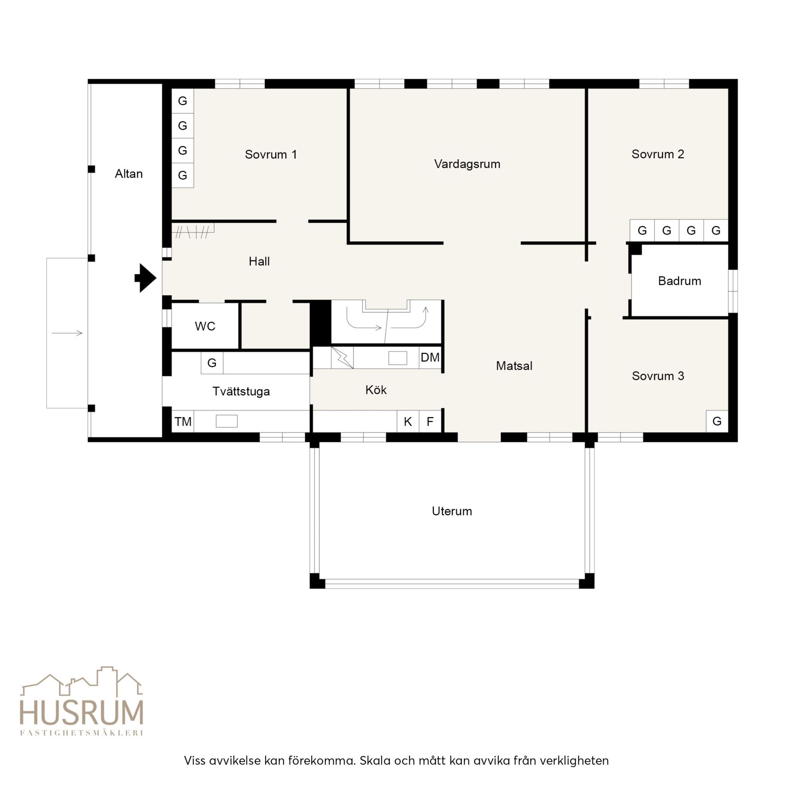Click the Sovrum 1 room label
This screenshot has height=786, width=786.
pos(271,154)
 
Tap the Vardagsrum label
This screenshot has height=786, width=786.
pos(467,164)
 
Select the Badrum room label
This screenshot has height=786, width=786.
pos(680,281)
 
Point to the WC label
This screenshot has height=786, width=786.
pos(205,326)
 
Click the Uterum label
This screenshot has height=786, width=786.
pos(452,511)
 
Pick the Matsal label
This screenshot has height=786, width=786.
pos(514,366)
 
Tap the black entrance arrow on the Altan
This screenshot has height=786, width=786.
pos(145,278)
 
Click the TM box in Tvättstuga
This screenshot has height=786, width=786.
pos(183,421)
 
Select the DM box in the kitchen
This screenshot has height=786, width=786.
pos(430,357)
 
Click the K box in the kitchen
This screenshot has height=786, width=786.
pos(408,421)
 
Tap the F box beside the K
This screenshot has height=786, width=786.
pos(430,421)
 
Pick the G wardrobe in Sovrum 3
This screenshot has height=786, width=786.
pos(717,421)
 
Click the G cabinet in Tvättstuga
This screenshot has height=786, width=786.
pos(212,363)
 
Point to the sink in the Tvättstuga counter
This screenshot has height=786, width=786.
pos(226,421)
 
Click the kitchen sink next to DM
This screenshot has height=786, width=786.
pos(398,358)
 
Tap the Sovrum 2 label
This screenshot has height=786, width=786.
pos(658,154)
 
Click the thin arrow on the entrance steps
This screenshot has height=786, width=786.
pos(67,333)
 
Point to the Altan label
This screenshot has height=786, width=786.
pos(129,174)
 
